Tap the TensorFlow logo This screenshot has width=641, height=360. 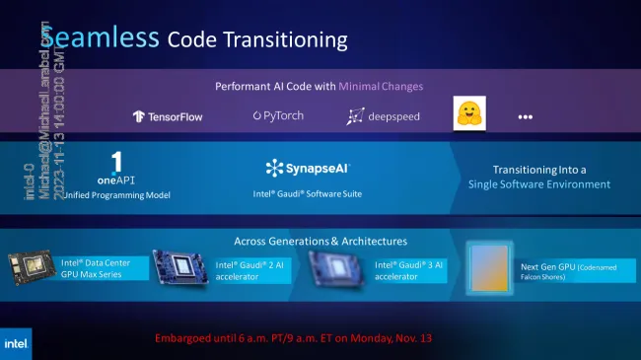[169, 116]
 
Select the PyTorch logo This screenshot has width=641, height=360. [277, 116]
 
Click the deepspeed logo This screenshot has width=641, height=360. [384, 117]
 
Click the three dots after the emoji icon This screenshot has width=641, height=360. [525, 116]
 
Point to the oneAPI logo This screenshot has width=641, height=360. [115, 168]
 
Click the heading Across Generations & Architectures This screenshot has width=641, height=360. [320, 241]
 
